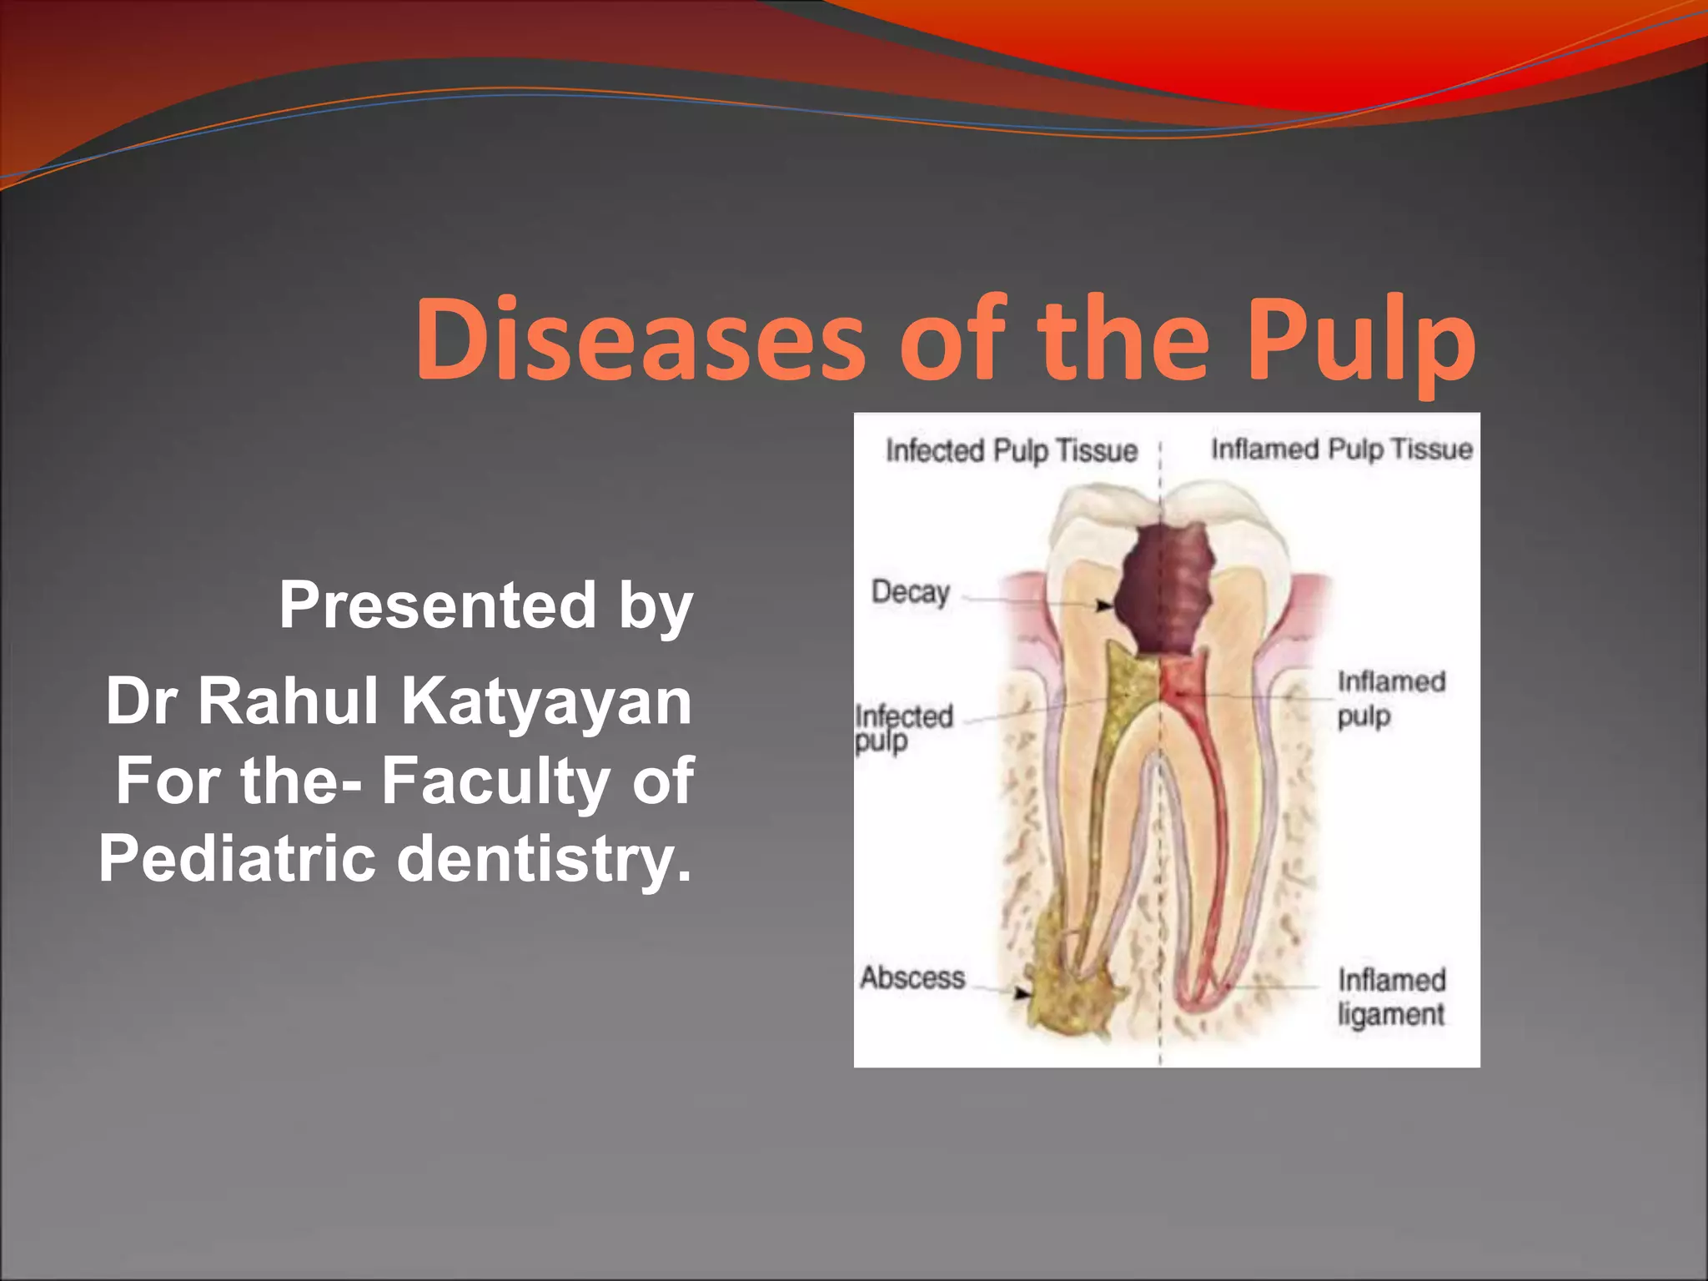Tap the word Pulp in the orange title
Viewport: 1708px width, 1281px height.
pos(1361,342)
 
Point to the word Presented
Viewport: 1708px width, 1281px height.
pos(438,605)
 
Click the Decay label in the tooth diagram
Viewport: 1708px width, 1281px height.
pos(911,592)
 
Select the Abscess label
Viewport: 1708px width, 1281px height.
pos(912,977)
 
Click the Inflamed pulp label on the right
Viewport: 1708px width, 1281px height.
pos(1391,699)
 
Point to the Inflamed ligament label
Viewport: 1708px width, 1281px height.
pos(1391,997)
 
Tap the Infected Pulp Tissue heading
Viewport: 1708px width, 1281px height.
pos(1011,451)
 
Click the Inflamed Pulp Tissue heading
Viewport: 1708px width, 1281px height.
pos(1341,450)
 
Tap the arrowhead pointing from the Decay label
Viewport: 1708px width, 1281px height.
pos(1103,605)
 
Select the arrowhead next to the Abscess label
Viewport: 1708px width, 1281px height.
pos(1022,993)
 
